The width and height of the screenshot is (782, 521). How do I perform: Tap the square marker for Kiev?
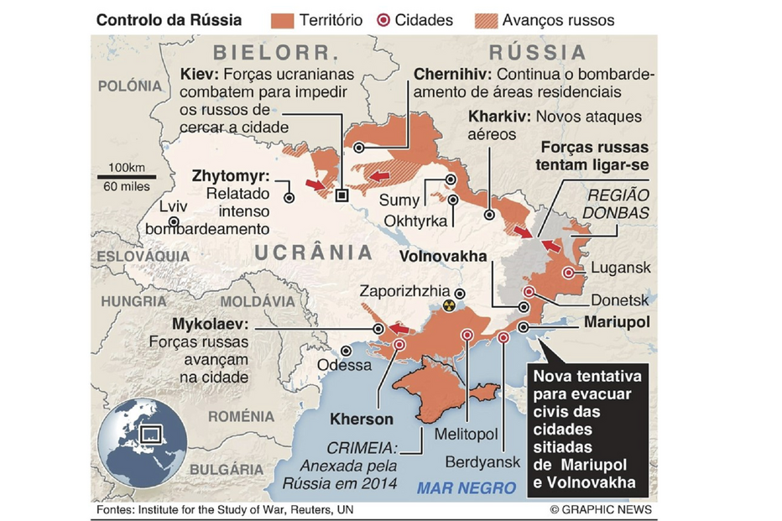341,195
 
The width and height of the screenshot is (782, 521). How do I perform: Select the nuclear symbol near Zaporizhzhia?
451,306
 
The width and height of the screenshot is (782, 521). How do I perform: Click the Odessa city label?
344,365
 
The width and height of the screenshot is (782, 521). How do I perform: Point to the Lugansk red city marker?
570,272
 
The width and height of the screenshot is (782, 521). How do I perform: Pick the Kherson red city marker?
399,345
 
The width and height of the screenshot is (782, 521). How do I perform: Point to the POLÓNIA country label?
129,86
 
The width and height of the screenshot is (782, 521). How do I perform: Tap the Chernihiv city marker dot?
359,147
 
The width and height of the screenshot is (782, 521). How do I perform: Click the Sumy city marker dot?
451,179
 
